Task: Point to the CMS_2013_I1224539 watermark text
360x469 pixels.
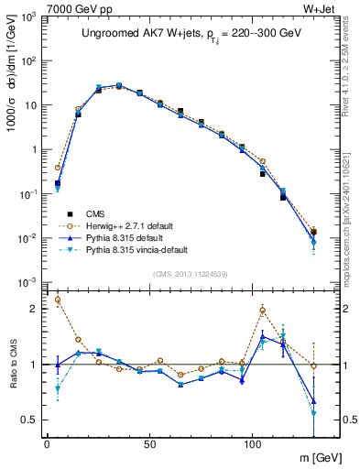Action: [x=191, y=272]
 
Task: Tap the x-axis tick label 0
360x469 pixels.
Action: [x=47, y=443]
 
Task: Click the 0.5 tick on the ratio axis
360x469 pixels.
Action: [x=30, y=420]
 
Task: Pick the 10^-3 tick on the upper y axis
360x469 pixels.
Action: [x=27, y=281]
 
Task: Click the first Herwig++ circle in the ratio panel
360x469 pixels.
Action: [x=58, y=299]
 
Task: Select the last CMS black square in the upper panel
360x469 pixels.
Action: [x=314, y=232]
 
